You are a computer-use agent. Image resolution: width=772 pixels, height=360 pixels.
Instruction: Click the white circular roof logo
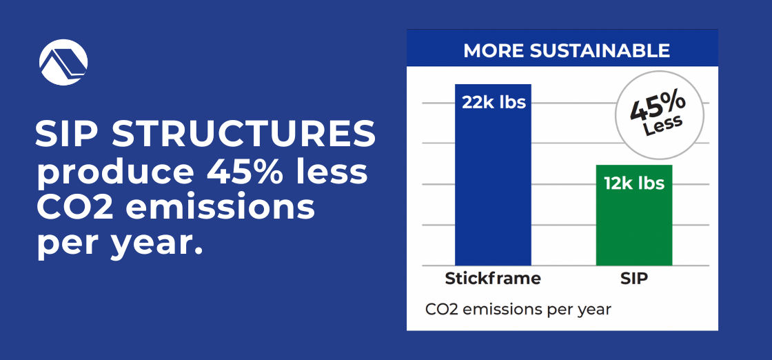tap(63, 61)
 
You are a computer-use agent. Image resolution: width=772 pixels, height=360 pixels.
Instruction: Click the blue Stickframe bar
tap(493, 186)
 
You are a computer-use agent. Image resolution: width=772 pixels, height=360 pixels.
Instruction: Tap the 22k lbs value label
tap(494, 103)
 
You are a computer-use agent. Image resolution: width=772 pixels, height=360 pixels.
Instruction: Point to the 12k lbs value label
tap(634, 183)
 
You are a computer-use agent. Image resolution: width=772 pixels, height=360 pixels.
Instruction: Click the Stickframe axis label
tap(493, 279)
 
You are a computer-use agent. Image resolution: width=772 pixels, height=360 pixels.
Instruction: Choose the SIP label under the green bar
tap(634, 279)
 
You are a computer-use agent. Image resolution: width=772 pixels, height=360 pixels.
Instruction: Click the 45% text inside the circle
tap(658, 110)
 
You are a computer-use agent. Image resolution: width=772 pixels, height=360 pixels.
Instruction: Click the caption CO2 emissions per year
tap(518, 309)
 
